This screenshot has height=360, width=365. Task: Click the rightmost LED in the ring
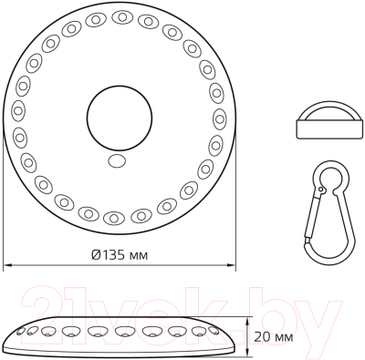point(220,117)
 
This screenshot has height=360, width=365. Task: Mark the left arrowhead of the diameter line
point(7,265)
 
